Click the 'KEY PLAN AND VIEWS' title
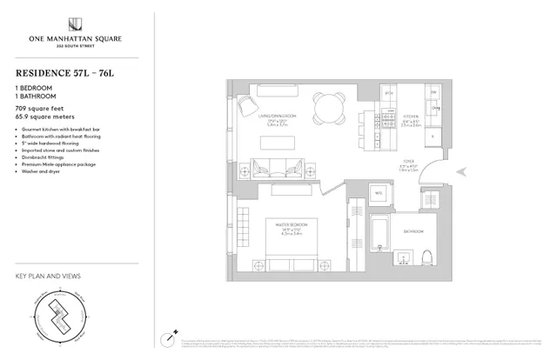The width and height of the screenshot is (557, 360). pos(49,276)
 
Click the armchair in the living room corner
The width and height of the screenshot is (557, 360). pos(246,106)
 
